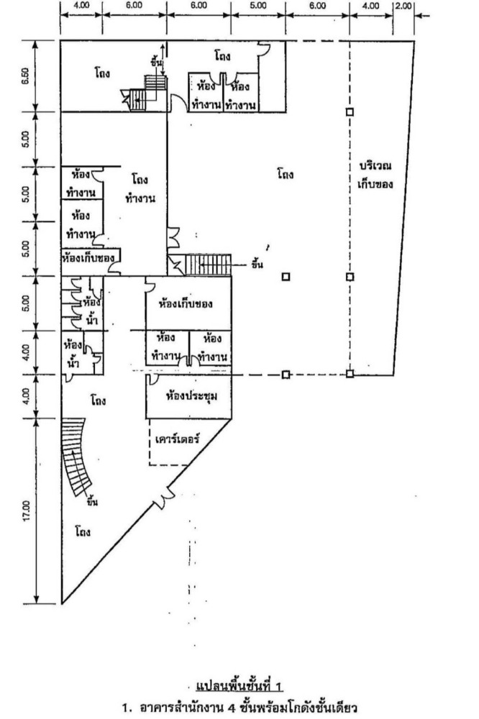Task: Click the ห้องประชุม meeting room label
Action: (191, 395)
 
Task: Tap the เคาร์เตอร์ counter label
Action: (177, 437)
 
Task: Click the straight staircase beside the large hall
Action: (209, 265)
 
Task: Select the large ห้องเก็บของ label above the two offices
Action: (188, 303)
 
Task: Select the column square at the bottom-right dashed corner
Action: (350, 374)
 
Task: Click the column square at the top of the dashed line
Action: (350, 112)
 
